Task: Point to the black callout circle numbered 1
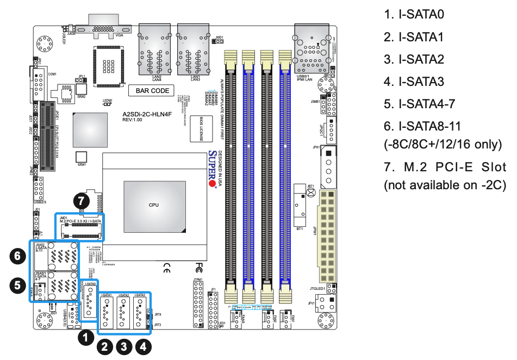tap(85, 338)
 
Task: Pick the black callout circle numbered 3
tap(124, 345)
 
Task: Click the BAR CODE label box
tap(152, 91)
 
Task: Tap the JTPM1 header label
tap(197, 280)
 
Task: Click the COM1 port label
tap(52, 74)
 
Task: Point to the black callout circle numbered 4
tap(144, 345)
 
